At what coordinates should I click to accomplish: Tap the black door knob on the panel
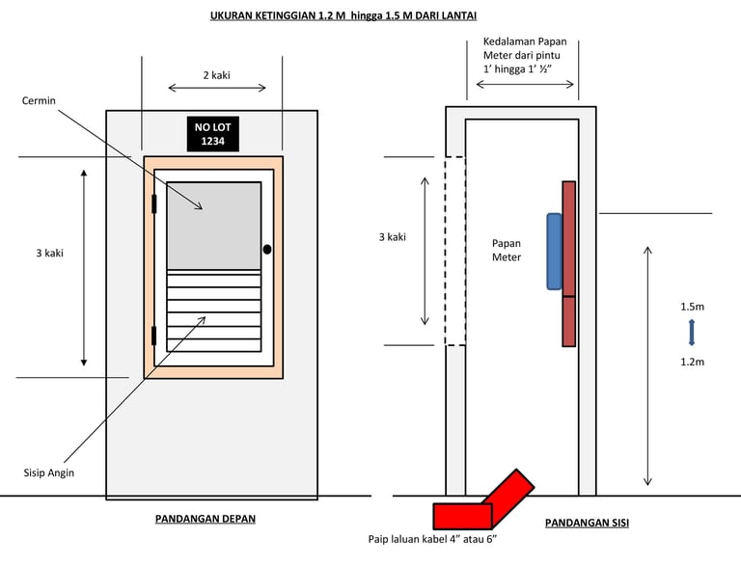tap(267, 250)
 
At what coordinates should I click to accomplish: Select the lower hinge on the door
tap(153, 336)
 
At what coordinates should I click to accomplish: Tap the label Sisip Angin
tap(48, 472)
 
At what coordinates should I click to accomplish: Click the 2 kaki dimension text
tap(215, 74)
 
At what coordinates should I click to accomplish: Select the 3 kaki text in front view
tap(42, 253)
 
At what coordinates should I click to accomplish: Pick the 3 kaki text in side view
tap(391, 236)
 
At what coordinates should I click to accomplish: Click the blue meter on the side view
tap(554, 251)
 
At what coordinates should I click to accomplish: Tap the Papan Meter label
tap(507, 251)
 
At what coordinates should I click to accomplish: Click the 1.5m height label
tap(691, 307)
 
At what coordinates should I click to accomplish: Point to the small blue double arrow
tap(691, 333)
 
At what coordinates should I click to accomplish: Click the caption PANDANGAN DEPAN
tap(206, 519)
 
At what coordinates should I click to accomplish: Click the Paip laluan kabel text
tap(432, 540)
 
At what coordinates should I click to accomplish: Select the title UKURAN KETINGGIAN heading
tap(343, 16)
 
